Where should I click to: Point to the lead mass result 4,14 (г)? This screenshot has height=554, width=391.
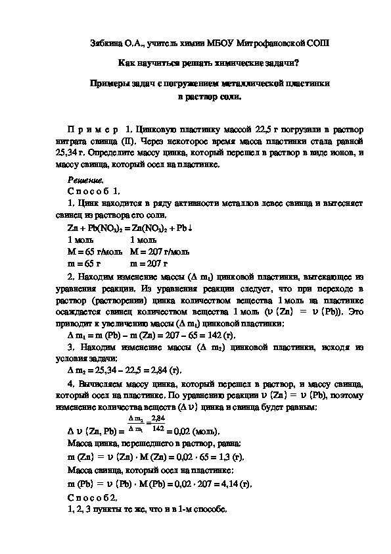tap(236, 484)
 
